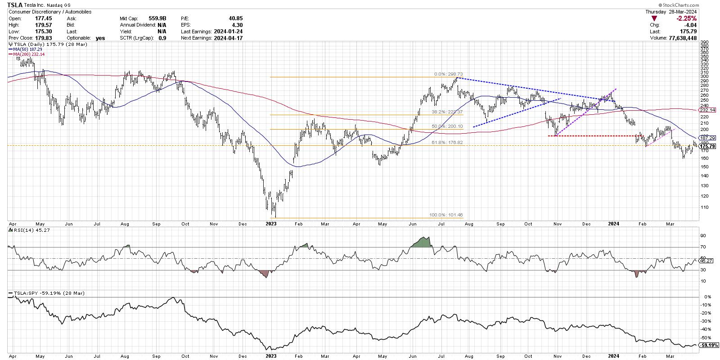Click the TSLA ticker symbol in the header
[x=16, y=5]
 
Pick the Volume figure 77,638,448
[x=681, y=38]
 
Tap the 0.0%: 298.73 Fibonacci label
[x=448, y=74]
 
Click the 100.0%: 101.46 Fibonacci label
[x=447, y=215]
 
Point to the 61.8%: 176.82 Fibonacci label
[x=447, y=143]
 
